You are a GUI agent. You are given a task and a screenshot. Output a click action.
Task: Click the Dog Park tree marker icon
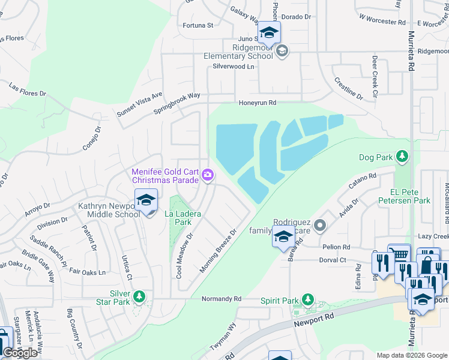[x=402, y=158]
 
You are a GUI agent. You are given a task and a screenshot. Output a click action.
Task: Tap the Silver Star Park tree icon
[x=139, y=296]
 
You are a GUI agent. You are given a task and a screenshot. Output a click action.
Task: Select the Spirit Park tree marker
[x=308, y=299]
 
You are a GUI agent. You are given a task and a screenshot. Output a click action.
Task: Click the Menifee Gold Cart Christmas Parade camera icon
[x=207, y=175]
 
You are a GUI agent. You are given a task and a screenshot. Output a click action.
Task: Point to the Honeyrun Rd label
[x=258, y=103]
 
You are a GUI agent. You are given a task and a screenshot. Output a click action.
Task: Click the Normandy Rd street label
[x=221, y=299]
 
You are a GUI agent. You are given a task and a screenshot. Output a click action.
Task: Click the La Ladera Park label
[x=183, y=217]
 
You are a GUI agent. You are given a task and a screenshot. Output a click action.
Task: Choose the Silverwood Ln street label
[x=231, y=67]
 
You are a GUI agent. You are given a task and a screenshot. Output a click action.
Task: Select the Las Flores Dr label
[x=28, y=90]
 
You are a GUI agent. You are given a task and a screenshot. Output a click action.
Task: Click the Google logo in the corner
[x=20, y=353]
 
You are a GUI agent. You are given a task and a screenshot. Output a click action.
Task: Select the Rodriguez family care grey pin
[x=320, y=226]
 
